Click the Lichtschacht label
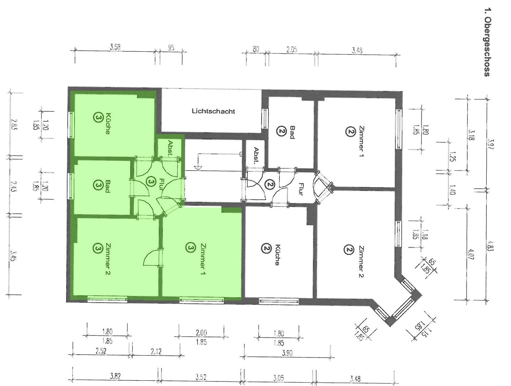point(213,111)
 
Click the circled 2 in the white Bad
point(281,132)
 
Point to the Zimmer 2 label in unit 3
point(108,259)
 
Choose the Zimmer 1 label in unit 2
point(361,142)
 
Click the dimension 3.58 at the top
point(115,47)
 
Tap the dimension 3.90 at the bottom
point(287,353)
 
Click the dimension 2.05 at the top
point(292,50)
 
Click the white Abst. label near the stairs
point(256,155)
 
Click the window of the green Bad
point(71,186)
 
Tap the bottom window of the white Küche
point(278,301)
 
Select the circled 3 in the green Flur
point(150,181)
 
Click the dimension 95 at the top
point(171,48)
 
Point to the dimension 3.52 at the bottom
point(201,377)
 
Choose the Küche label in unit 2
point(277,255)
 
